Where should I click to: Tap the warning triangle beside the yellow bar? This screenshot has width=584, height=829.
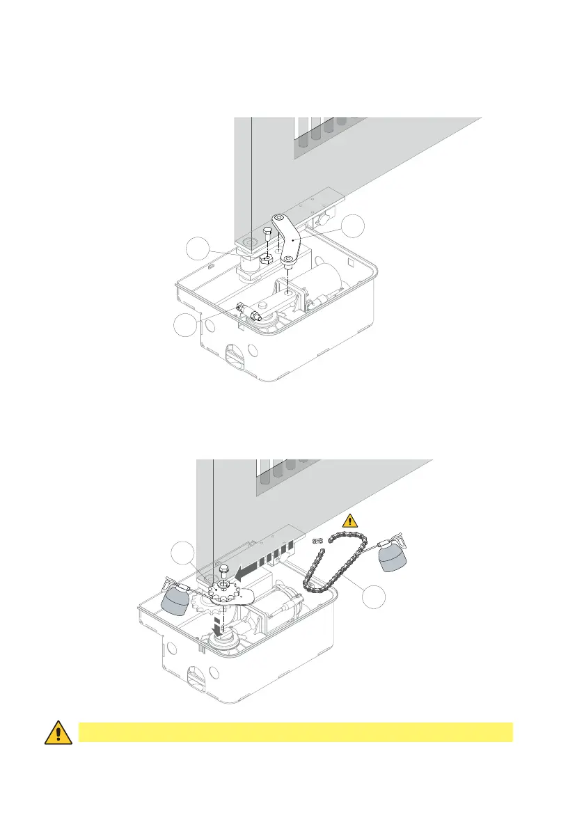pos(59,733)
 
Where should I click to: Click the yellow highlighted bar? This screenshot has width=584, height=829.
pos(295,732)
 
